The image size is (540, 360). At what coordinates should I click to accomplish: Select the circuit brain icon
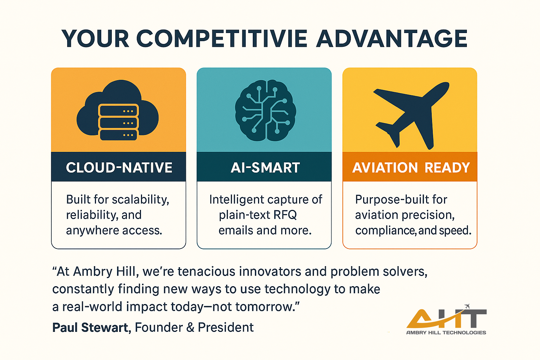265,110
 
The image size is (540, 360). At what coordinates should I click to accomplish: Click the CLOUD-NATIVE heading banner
119,167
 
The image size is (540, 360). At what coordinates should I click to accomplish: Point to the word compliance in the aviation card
385,231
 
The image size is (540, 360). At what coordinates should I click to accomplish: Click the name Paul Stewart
90,328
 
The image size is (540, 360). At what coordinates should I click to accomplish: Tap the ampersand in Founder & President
190,328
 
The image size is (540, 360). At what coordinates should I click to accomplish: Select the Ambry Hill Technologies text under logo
446,333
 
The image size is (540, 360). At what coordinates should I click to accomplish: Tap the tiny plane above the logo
467,306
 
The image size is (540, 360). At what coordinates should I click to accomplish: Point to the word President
225,328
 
